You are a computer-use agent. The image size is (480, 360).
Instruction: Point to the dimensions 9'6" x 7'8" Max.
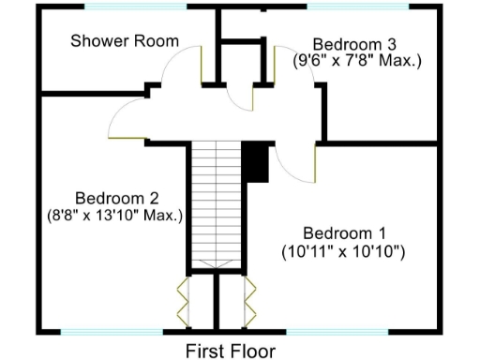[358, 60]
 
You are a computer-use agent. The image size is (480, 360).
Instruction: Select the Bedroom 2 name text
[116, 198]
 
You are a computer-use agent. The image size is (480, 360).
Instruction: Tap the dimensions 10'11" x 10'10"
[343, 250]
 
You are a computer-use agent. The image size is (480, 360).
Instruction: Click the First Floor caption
[231, 351]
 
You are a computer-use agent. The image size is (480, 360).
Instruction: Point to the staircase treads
[216, 202]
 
